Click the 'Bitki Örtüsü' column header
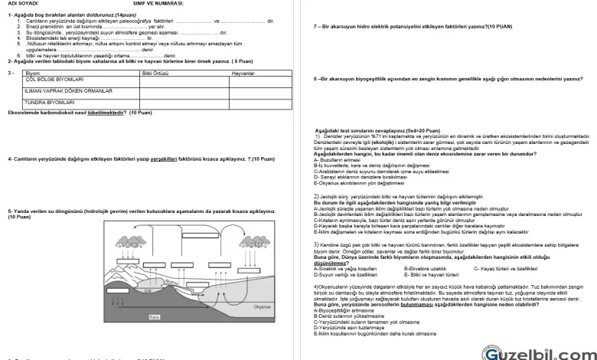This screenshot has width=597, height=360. pos(155,73)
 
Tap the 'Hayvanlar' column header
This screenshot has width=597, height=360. pos(243,73)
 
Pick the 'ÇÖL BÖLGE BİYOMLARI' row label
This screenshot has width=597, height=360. pos(54,79)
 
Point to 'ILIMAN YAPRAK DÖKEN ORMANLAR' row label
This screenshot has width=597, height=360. pos(69,90)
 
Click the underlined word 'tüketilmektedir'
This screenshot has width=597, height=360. pos(106,113)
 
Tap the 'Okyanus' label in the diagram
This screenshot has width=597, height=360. pos(263,306)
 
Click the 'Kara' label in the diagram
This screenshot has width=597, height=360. pos(155,316)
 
